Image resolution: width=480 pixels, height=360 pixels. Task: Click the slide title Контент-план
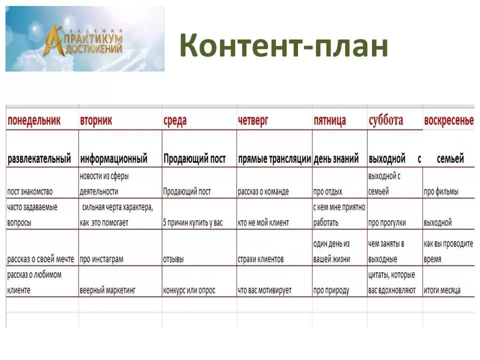point(284,46)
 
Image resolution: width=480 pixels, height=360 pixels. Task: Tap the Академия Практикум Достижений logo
point(85,39)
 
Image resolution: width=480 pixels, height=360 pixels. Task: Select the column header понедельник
point(34,120)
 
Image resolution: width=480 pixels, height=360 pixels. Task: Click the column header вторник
point(96,120)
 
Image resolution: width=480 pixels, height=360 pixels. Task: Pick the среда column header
point(175,120)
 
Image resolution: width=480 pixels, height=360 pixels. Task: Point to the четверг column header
point(253,120)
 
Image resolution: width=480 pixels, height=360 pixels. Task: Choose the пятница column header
point(329,120)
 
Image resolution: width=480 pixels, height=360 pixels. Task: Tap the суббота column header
point(385,120)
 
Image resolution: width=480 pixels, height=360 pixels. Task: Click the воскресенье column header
point(449,120)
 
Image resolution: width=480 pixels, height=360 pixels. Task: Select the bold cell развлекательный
point(39,159)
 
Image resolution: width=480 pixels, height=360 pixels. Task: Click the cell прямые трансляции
point(274,159)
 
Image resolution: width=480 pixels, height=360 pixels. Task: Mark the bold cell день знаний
point(336,159)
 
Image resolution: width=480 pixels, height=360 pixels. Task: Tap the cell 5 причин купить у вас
point(193,222)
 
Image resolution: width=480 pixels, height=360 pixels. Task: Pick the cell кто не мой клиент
point(263,222)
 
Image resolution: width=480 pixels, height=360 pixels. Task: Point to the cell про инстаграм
point(101,259)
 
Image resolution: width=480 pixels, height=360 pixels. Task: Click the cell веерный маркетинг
point(107,290)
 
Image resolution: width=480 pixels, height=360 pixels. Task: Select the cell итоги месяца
point(442,290)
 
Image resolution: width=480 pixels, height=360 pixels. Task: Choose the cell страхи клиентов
point(260,259)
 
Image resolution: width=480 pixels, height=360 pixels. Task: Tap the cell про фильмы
point(441,192)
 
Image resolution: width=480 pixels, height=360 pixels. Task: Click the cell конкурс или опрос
point(189,290)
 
